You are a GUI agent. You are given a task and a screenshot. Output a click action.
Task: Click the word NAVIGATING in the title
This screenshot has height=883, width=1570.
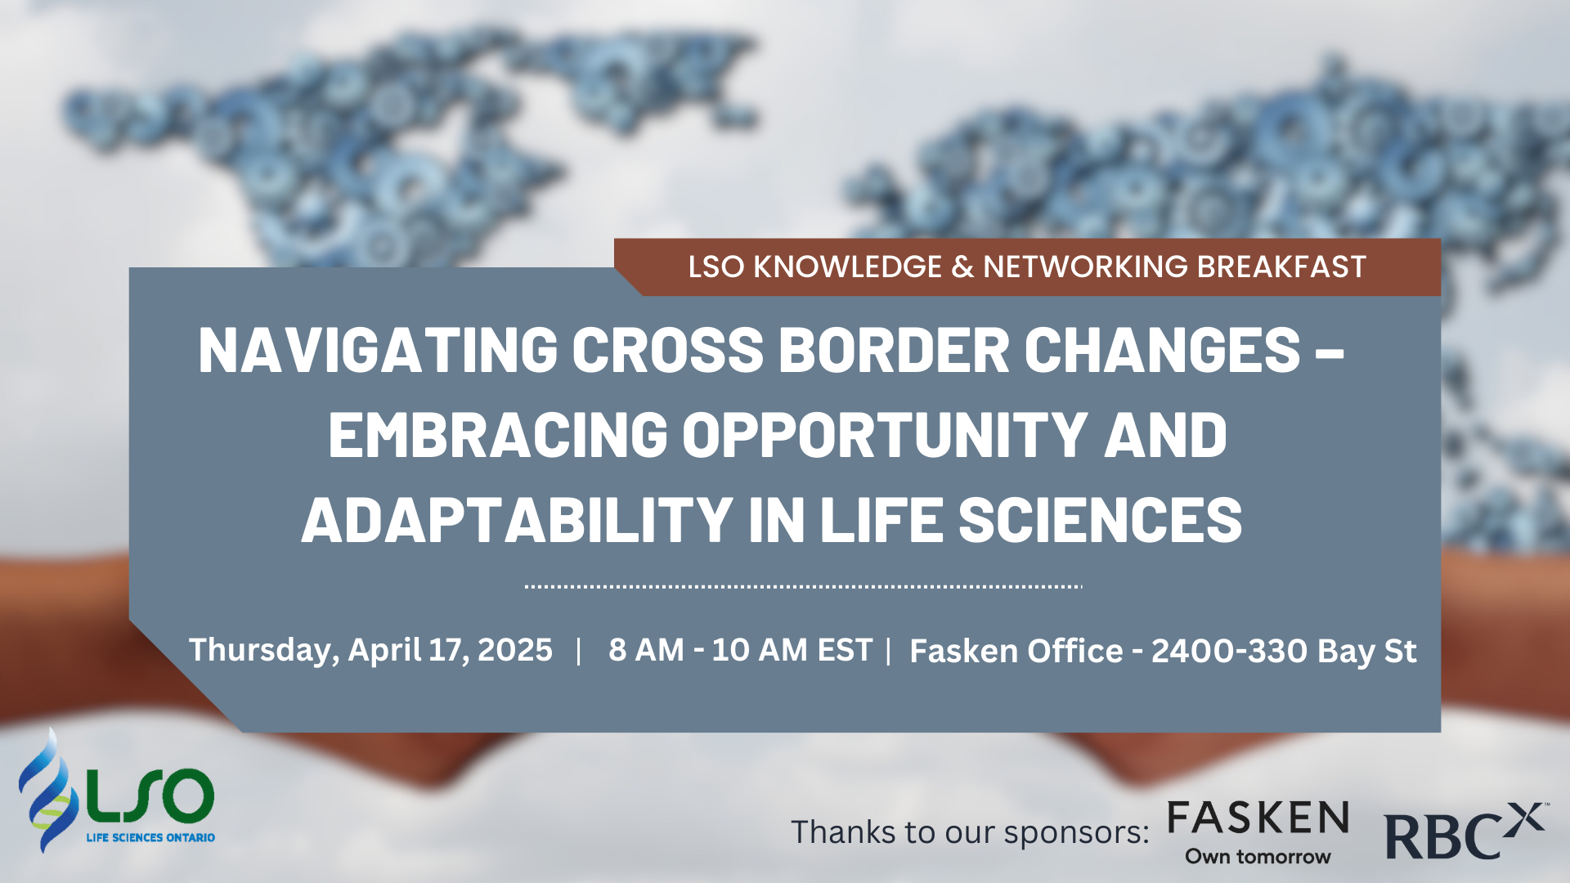coord(378,350)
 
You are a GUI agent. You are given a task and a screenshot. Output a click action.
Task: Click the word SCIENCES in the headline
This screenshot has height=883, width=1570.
coord(1101,519)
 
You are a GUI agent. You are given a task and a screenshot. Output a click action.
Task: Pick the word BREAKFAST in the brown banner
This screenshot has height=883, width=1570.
coord(1281,267)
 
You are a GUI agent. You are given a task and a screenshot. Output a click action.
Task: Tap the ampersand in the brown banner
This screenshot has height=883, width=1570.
coord(962,267)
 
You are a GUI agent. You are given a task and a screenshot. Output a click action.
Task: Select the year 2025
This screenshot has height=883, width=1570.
coord(514,650)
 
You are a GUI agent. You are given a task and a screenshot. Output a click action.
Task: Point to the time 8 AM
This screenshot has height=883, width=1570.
coord(646,650)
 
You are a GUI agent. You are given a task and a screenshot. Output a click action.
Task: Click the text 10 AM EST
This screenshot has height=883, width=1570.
coord(792,650)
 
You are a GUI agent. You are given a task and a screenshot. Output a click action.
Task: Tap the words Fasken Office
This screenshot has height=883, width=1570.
coord(1016,652)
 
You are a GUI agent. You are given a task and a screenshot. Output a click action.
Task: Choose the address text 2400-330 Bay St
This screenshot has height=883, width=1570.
coord(1284,652)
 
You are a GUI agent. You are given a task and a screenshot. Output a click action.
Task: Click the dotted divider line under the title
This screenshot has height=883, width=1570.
coord(804,586)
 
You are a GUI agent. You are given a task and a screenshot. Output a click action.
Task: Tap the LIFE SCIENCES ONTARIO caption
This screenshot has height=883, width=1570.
coord(150,838)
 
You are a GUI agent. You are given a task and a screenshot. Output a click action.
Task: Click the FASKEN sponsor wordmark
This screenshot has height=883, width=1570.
coord(1258,818)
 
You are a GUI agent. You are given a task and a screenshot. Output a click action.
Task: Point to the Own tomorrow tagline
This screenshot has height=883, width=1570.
coord(1258,857)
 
